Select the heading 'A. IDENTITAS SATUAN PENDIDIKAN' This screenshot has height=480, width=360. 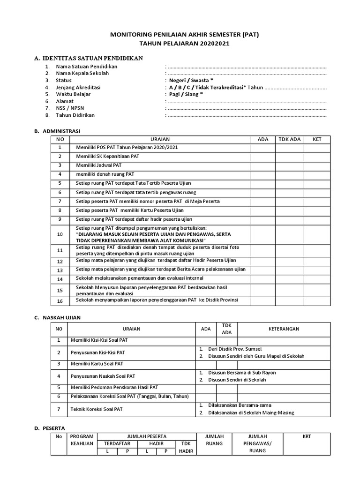coord(89,58)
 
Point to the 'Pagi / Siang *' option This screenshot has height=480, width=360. coord(186,94)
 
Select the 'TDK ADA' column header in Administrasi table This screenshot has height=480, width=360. coord(289,139)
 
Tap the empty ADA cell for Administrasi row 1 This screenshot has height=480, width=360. coord(263,148)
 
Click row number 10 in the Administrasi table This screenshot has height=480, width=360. coord(60,234)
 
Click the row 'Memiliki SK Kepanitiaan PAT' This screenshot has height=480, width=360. coord(108,157)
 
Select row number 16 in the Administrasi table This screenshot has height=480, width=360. coord(60,300)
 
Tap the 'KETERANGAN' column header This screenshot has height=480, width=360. coord(284,329)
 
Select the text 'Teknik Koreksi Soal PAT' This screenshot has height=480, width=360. coord(96,409)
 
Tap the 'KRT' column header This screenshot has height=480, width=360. coord(307,436)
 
